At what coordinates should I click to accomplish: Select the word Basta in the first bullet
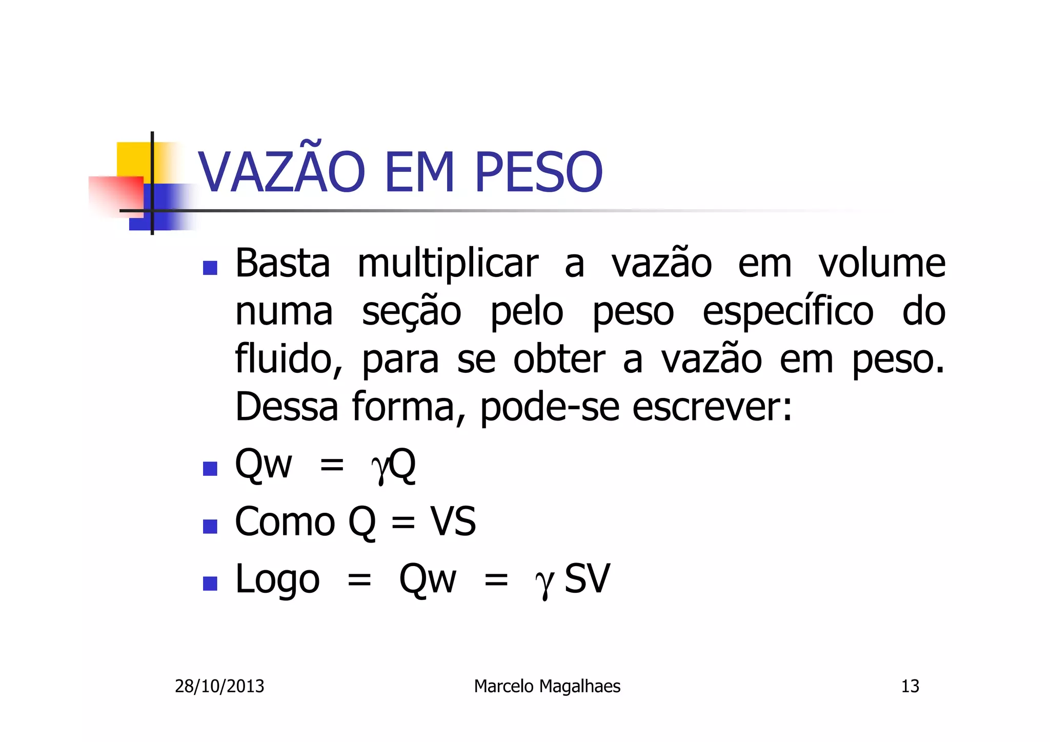click(x=282, y=264)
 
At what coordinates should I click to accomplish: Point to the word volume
click(x=881, y=264)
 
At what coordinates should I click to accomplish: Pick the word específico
click(x=787, y=312)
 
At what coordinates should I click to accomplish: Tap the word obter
click(x=559, y=359)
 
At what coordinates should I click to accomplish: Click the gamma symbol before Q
click(x=380, y=467)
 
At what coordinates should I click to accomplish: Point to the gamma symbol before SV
click(x=544, y=582)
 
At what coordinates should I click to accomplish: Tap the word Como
click(x=285, y=522)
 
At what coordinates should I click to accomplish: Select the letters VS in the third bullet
click(x=453, y=522)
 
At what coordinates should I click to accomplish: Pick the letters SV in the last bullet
click(x=587, y=579)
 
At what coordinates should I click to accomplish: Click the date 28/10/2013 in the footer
click(x=219, y=686)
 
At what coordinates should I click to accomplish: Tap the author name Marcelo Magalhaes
click(x=547, y=686)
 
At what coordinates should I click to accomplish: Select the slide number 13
click(x=910, y=686)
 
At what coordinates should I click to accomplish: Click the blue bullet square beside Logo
click(x=210, y=583)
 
